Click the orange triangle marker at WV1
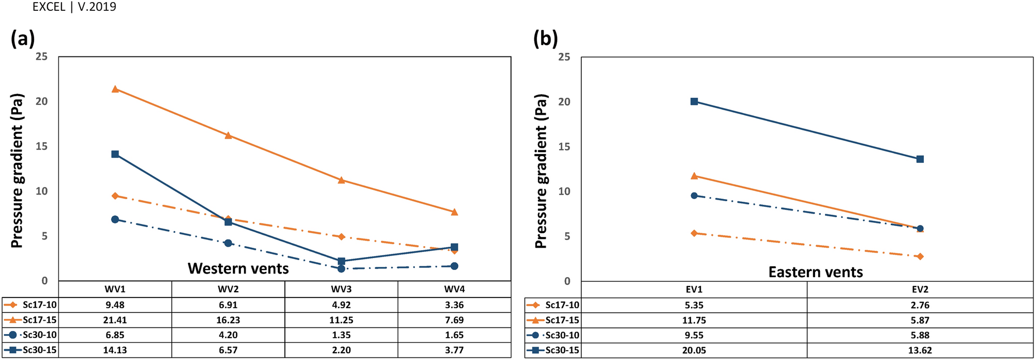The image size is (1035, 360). (x=115, y=89)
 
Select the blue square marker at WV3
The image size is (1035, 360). (x=341, y=261)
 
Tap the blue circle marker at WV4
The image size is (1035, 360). (x=454, y=266)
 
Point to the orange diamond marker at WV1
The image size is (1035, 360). (x=115, y=196)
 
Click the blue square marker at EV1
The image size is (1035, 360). (x=694, y=101)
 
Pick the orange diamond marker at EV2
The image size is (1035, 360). (x=920, y=257)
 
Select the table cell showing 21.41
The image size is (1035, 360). (x=115, y=320)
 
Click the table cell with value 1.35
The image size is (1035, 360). (x=341, y=335)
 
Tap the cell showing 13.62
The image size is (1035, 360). (x=920, y=350)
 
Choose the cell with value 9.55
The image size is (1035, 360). (x=694, y=335)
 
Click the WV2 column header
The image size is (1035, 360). (x=228, y=289)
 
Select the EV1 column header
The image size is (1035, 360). (x=694, y=290)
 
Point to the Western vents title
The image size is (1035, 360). (x=238, y=268)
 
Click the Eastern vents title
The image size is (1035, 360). (x=815, y=272)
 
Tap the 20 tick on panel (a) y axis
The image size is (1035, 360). (x=41, y=101)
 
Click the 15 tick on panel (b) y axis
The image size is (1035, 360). (x=564, y=146)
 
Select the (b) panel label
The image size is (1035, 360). (x=545, y=39)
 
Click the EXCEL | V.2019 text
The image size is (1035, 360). (x=74, y=7)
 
